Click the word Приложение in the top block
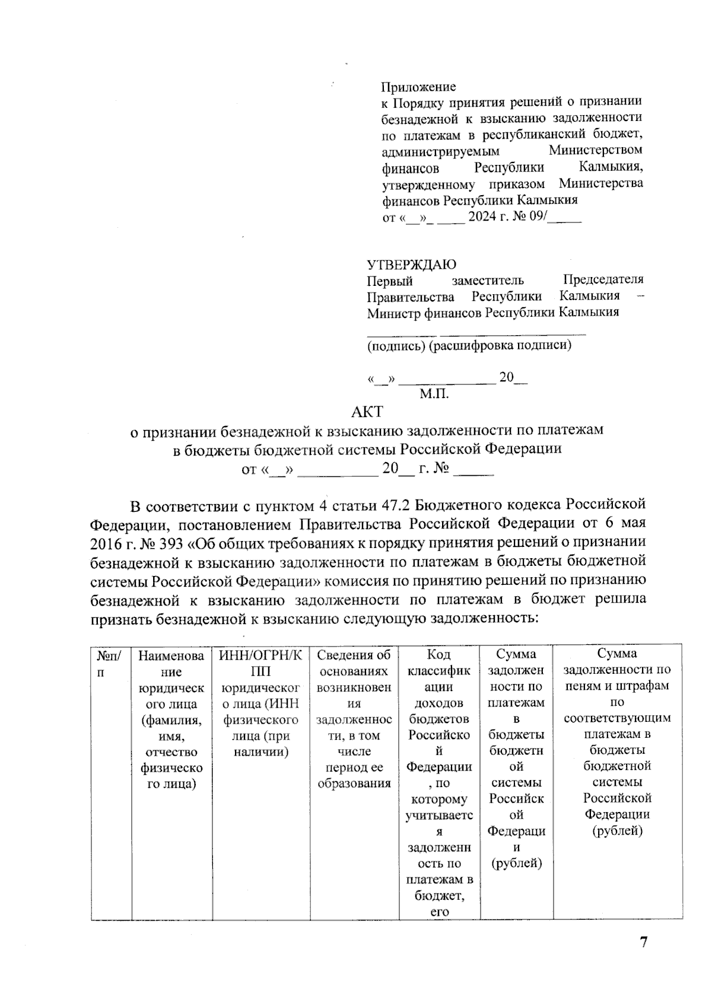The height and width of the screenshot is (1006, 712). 418,87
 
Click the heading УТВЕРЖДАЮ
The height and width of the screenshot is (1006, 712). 411,265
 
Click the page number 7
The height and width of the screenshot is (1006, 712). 643,942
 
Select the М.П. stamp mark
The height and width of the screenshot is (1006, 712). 434,393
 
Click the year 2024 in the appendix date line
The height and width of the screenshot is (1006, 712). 482,217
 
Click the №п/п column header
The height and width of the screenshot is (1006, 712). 110,664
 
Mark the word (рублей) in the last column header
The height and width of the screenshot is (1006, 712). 617,830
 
